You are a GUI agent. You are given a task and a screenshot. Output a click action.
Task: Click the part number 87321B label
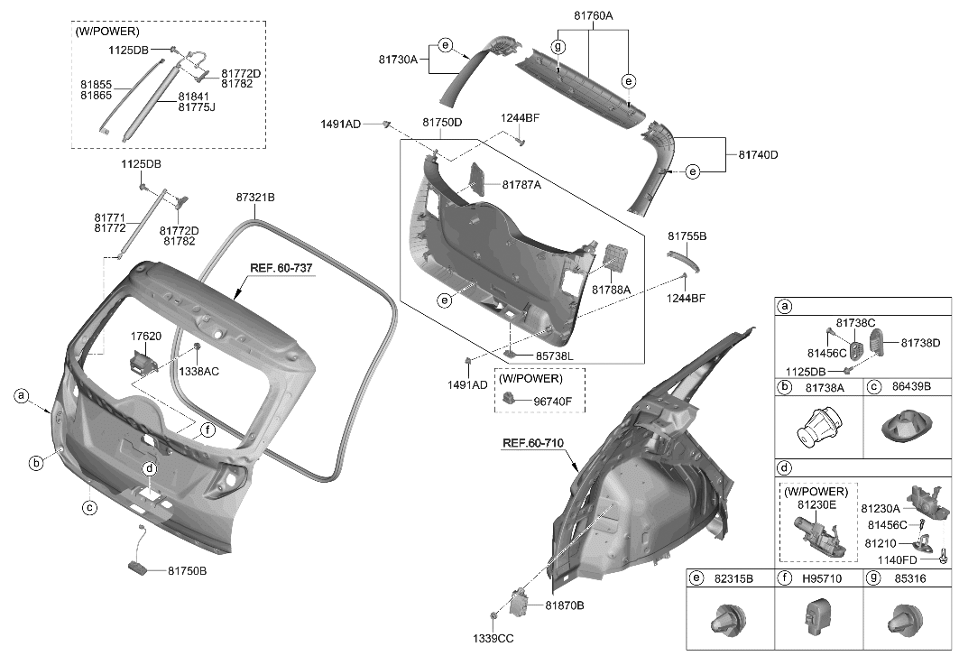(x=255, y=197)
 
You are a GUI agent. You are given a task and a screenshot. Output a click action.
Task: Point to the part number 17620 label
(x=146, y=336)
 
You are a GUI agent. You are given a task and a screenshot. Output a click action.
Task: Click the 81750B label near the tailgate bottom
(x=187, y=570)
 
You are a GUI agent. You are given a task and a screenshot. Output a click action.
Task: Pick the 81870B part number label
(x=564, y=605)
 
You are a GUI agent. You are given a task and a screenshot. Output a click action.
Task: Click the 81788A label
(x=612, y=290)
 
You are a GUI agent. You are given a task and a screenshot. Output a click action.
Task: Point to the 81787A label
(x=521, y=185)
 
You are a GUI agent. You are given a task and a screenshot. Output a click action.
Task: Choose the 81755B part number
(x=687, y=236)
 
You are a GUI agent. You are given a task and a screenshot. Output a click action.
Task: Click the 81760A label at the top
(x=593, y=15)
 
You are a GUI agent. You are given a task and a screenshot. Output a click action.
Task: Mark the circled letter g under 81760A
(x=558, y=46)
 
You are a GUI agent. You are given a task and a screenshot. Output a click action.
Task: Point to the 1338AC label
(x=198, y=370)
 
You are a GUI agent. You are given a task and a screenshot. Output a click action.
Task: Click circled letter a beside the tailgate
(x=21, y=395)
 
